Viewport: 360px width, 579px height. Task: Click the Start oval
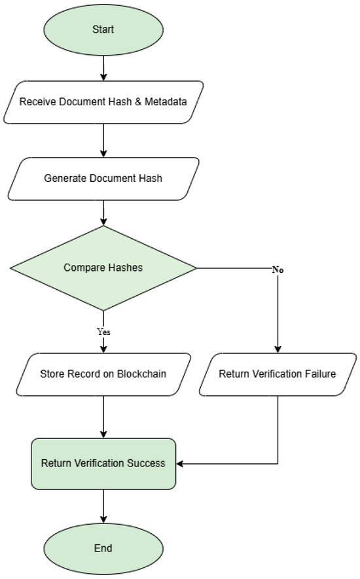(103, 29)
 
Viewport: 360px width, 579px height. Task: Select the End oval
(103, 548)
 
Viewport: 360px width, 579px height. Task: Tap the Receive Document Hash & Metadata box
(103, 102)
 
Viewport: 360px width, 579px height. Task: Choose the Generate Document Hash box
(103, 179)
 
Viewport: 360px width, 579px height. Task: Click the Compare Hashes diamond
(103, 268)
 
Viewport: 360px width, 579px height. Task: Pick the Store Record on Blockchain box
(103, 374)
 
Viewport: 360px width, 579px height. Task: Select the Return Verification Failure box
(278, 374)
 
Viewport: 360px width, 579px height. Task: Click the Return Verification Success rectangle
(103, 464)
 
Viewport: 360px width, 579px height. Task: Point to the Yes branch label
(103, 332)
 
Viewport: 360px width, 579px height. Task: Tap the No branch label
(278, 270)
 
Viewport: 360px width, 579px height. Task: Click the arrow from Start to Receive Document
(103, 68)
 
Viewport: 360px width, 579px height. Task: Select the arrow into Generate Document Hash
(103, 141)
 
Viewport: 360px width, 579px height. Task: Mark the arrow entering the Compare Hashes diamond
(103, 213)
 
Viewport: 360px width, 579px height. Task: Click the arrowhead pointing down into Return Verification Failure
(278, 349)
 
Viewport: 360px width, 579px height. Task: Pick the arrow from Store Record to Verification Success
(103, 417)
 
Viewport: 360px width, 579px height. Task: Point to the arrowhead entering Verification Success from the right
(180, 464)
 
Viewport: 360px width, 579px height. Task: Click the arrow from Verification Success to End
(103, 506)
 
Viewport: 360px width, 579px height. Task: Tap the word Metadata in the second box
(166, 101)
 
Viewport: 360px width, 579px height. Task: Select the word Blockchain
(141, 374)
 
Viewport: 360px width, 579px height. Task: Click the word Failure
(321, 374)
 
